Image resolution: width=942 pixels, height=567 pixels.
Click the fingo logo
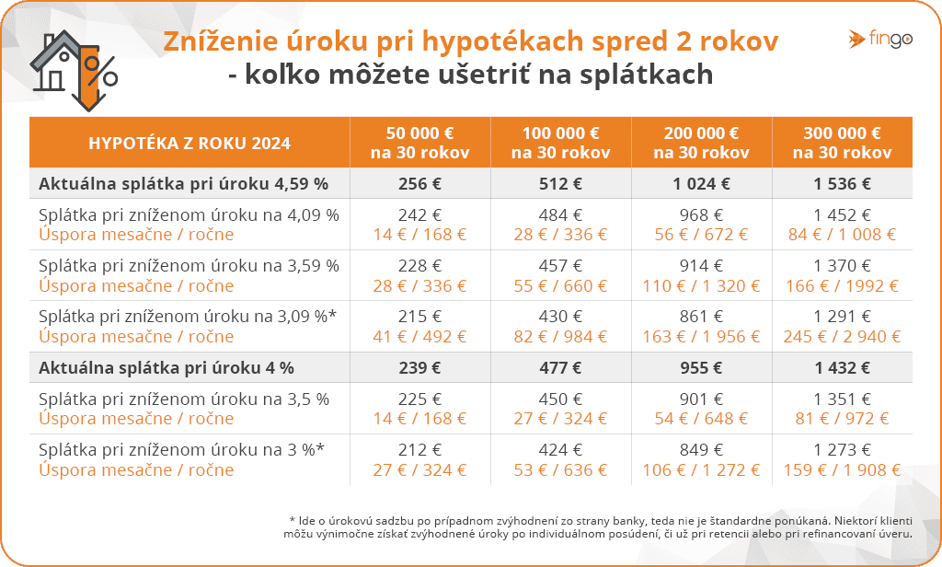point(876,39)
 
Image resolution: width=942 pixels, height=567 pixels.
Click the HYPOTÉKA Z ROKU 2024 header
point(190,143)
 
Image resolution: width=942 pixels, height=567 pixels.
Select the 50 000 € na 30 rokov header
point(420,143)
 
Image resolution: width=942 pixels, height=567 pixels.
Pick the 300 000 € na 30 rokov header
point(842,143)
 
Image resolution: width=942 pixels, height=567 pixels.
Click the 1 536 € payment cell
point(842,183)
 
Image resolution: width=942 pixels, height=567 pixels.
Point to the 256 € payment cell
point(420,183)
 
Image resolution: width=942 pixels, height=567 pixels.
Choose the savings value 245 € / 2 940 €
point(842,336)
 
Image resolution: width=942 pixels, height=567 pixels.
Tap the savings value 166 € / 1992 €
point(842,285)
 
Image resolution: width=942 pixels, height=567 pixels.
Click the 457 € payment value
point(561,266)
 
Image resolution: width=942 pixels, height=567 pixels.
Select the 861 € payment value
point(702,317)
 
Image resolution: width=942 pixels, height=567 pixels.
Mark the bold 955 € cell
point(702,368)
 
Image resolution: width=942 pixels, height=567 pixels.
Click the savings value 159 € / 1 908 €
point(842,470)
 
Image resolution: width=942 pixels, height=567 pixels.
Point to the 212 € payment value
point(420,451)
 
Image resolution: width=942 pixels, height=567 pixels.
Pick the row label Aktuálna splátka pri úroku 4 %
point(167,368)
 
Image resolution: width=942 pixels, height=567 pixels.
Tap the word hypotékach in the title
point(507,42)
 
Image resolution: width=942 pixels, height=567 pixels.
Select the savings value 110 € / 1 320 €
point(702,285)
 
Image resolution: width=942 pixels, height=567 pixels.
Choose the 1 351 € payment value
point(842,399)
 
